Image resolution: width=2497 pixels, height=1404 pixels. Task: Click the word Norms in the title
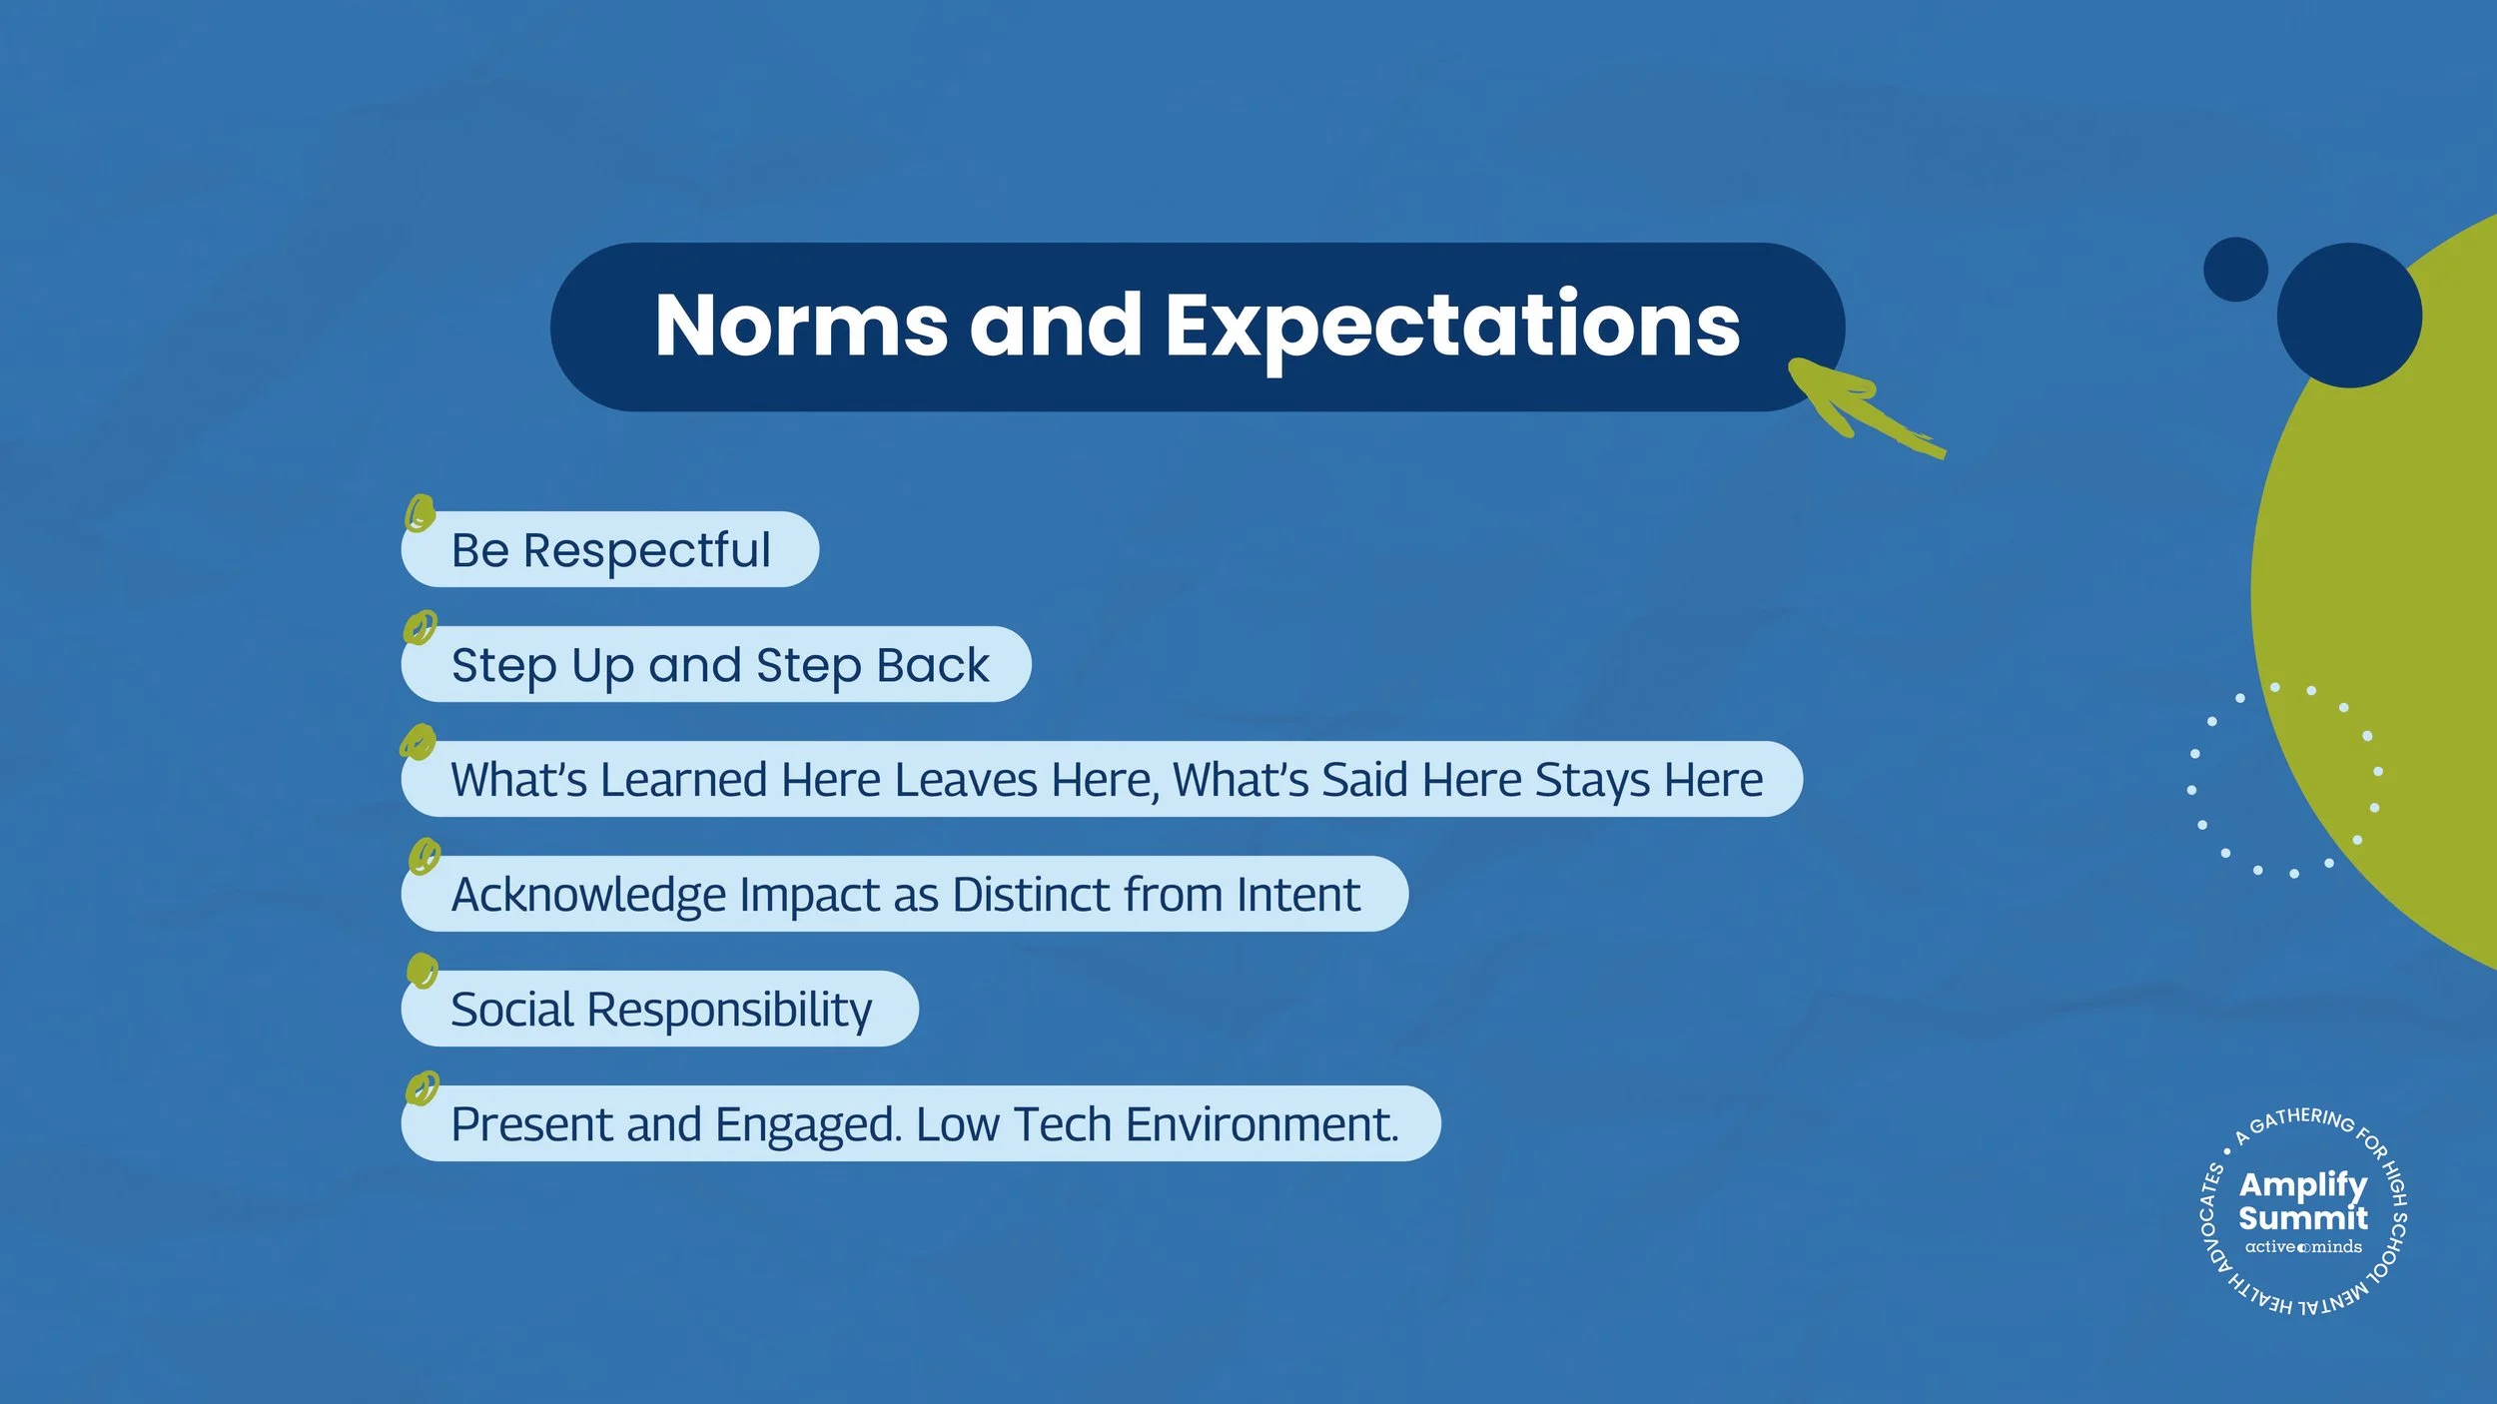(800, 326)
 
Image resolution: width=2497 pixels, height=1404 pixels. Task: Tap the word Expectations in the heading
(1452, 326)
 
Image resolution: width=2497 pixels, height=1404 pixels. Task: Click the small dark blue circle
(2235, 269)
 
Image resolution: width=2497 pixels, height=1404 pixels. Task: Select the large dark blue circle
(2348, 316)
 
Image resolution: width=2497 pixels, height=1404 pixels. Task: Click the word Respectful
(646, 550)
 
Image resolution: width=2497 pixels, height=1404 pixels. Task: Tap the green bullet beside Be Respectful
(419, 513)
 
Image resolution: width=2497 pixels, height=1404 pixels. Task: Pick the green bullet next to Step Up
(419, 628)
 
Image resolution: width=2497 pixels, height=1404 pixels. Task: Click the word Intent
(1297, 895)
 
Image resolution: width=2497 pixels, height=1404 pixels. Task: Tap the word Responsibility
(729, 1010)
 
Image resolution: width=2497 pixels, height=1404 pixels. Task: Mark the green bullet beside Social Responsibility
(422, 970)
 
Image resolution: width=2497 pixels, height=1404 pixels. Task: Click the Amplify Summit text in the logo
(2302, 1201)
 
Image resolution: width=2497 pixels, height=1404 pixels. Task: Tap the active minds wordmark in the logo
(2303, 1247)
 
